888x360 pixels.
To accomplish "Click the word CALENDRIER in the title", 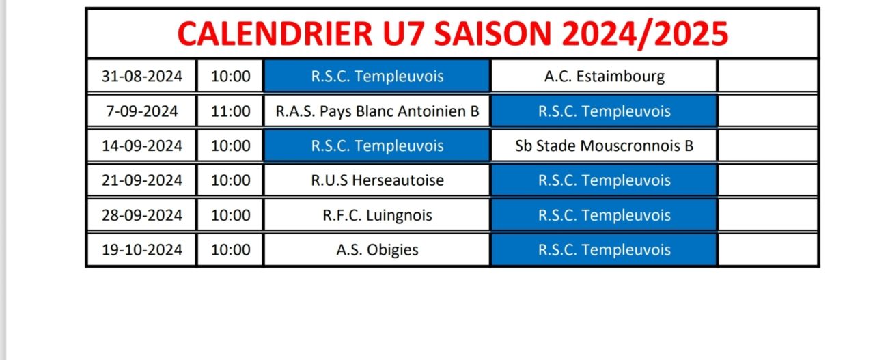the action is [x=275, y=33].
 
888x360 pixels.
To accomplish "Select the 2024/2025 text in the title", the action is [x=645, y=34].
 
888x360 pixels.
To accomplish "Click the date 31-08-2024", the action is [x=142, y=76].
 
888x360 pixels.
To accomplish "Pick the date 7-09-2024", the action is [x=142, y=111].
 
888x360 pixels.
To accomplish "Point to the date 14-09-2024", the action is [x=142, y=146].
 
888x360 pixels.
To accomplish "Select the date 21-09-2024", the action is [x=142, y=180].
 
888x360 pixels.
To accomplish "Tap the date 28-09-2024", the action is [x=142, y=215].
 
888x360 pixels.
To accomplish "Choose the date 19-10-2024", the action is [x=142, y=250].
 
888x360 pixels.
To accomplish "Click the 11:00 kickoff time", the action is [x=230, y=111].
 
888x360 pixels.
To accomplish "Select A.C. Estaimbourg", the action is [x=604, y=77].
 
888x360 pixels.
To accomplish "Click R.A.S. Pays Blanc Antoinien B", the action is [x=377, y=111].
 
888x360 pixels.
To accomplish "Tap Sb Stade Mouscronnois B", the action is [x=604, y=146].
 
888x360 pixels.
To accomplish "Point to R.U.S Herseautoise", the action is [x=377, y=180].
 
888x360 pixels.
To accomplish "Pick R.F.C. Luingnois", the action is [x=377, y=216].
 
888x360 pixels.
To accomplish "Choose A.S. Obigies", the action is [x=377, y=251].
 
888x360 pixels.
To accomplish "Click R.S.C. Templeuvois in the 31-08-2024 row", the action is [x=377, y=76].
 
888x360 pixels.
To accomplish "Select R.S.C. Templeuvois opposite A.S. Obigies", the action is [x=604, y=250].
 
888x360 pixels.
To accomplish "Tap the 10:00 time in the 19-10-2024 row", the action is [x=230, y=250].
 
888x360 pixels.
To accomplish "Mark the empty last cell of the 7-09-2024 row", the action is [x=768, y=111].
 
